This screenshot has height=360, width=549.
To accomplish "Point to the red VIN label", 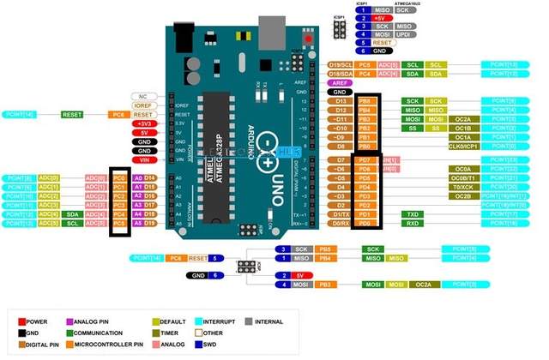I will (143, 159).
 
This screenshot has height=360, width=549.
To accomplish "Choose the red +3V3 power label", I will (143, 123).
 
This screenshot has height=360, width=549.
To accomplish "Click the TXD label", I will (413, 213).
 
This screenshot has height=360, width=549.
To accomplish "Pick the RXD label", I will (413, 223).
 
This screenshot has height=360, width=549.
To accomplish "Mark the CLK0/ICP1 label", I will (462, 146).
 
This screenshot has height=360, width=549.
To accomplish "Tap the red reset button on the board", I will (308, 39).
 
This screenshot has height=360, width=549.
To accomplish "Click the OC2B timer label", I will (462, 195).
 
